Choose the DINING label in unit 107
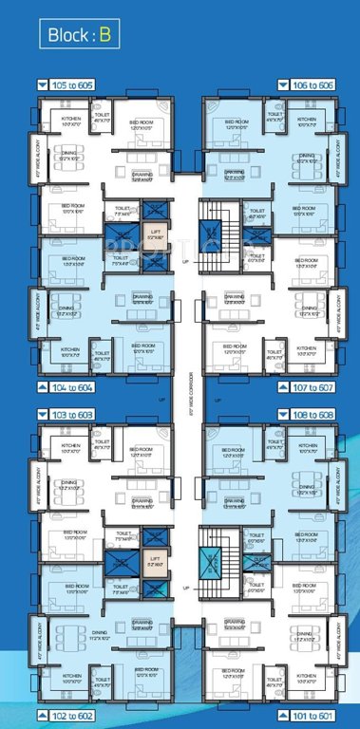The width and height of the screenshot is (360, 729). click(x=307, y=309)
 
